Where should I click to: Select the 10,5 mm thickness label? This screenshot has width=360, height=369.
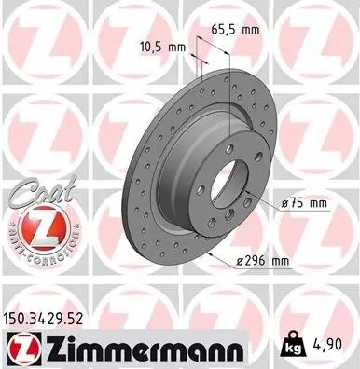click(163, 46)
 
